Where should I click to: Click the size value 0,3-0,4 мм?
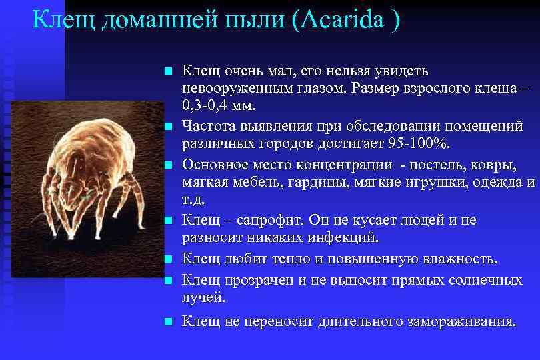223,107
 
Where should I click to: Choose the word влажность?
460,259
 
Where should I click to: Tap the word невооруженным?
229,89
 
